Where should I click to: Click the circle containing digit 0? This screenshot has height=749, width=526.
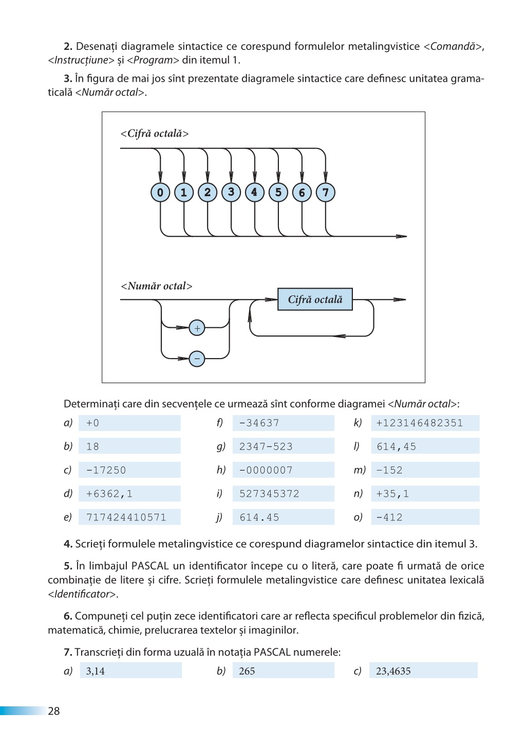(160, 193)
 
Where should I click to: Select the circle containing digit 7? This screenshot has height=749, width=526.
(325, 193)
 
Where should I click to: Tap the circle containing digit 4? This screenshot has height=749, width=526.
(255, 193)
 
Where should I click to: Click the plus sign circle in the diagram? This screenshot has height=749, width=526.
(197, 328)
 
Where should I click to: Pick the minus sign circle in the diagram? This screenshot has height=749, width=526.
(197, 359)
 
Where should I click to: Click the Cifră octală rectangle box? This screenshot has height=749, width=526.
(315, 299)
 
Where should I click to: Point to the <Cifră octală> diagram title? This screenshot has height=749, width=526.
(155, 134)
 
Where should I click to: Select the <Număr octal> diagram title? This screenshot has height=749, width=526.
(157, 286)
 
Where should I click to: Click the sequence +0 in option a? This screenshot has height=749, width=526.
(92, 423)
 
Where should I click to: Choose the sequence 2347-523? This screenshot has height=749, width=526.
(266, 447)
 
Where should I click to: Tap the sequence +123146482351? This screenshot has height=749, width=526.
(420, 423)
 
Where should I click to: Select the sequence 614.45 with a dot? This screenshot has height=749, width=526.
(259, 518)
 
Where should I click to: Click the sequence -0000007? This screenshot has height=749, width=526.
(266, 470)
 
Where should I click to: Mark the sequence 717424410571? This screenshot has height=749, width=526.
(126, 518)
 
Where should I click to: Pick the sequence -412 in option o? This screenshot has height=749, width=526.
(389, 518)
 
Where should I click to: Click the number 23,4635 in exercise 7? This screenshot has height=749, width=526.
(393, 671)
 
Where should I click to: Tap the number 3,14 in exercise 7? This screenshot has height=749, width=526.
(96, 671)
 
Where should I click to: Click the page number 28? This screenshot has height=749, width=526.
(54, 711)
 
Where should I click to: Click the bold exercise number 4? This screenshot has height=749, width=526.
(68, 544)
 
